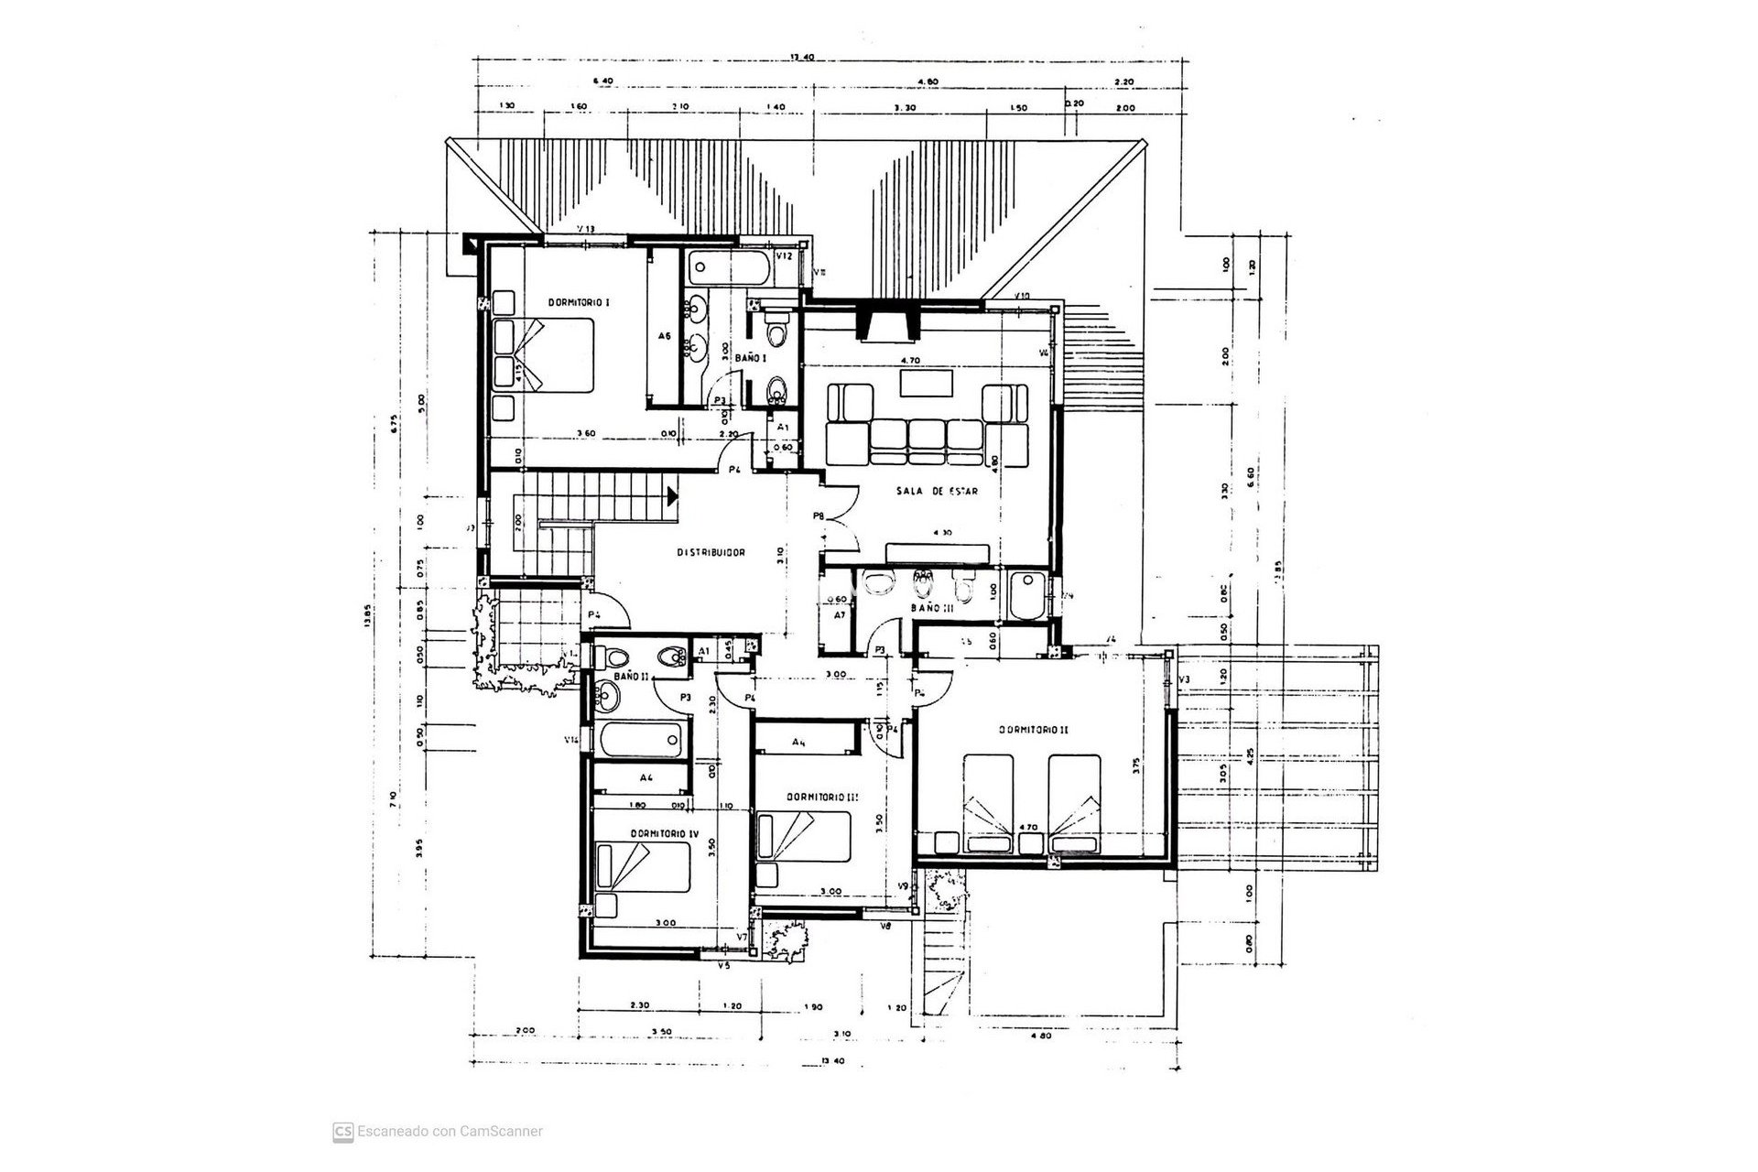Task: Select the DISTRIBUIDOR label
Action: coord(711,553)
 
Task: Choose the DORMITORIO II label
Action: coord(1034,730)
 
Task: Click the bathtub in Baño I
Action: coord(729,267)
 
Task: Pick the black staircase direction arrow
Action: coord(672,496)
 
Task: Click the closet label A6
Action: coord(665,336)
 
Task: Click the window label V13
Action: coord(586,229)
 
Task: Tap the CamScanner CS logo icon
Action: coord(343,1131)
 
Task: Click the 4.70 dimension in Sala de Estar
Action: coord(909,361)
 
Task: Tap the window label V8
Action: coord(885,928)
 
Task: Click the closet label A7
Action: coord(839,615)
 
